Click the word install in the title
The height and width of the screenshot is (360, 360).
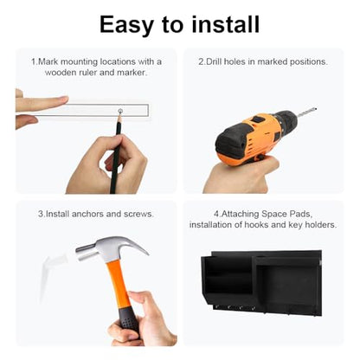226,24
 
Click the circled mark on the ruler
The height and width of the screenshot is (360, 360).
120,111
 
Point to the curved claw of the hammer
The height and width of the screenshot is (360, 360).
136,245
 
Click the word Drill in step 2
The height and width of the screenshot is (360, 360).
213,61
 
